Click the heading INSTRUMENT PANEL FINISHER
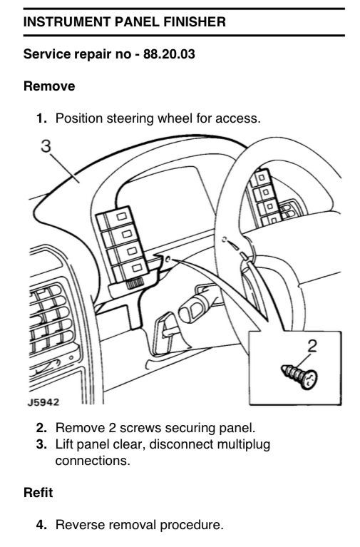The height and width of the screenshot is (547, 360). (125, 21)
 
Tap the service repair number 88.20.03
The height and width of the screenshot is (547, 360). (169, 54)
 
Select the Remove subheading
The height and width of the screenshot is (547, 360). (49, 86)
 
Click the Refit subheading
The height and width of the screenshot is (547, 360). (38, 493)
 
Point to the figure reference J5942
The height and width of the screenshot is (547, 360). (43, 402)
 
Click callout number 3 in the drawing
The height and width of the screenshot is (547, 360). (46, 146)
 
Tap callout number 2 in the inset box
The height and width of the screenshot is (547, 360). (312, 346)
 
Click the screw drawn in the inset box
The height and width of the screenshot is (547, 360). (299, 375)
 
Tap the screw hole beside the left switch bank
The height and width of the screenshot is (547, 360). (168, 259)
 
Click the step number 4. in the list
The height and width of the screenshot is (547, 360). (41, 525)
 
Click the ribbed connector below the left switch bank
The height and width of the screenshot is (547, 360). (133, 285)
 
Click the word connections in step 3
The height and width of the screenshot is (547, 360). (93, 461)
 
